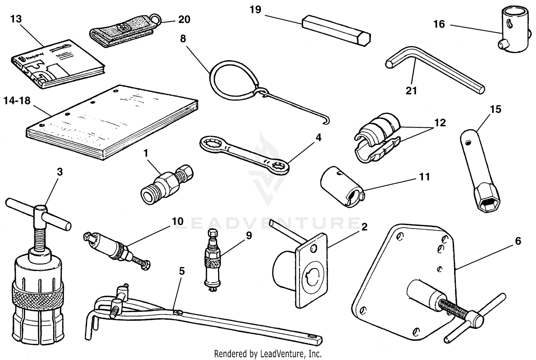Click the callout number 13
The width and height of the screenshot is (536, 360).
(x=16, y=19)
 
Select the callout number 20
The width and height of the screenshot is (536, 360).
(x=184, y=19)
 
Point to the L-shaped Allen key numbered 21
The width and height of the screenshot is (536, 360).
(x=436, y=72)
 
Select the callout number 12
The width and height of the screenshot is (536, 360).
(x=440, y=123)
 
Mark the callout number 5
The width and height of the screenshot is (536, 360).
(x=182, y=271)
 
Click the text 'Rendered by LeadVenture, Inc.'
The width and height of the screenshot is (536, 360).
(x=268, y=354)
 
